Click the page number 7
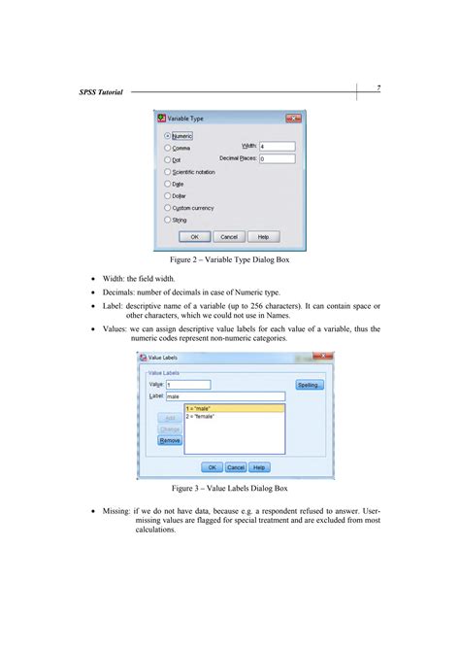pyautogui.click(x=378, y=88)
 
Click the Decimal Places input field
pyautogui.click(x=277, y=157)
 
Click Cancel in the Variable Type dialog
pyautogui.click(x=229, y=236)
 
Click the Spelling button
pyautogui.click(x=310, y=385)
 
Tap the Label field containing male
pyautogui.click(x=225, y=396)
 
